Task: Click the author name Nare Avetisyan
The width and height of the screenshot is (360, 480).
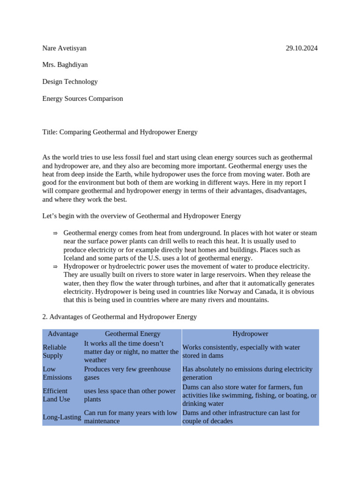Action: coord(64,48)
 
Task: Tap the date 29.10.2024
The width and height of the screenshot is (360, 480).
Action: coord(301,48)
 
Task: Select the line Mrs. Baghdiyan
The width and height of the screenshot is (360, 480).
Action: coord(65,65)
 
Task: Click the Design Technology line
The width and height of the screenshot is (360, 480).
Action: coord(70,82)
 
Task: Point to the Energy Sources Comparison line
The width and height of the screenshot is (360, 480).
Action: coord(82,98)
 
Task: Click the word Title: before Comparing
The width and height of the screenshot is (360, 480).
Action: coord(50,132)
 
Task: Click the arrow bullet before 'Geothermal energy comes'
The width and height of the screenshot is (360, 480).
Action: coord(55,233)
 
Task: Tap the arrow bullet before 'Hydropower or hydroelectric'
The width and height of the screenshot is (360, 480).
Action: coord(55,267)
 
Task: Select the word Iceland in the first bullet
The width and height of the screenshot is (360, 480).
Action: coord(75,258)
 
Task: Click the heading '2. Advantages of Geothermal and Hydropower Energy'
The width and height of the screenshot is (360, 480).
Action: coord(120,317)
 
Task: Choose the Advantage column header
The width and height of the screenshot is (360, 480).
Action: coord(63,334)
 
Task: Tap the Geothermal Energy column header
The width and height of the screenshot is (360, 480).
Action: coord(133,334)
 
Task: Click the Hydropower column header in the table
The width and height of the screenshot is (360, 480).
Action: coord(250,334)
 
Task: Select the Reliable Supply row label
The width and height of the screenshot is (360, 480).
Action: coord(54,352)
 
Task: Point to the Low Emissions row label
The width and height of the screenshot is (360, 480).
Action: coord(57,373)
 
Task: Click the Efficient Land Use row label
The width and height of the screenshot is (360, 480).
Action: coord(56,395)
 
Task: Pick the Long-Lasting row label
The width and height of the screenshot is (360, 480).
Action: coord(62,417)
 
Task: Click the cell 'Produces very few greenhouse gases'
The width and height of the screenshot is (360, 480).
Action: coord(127,373)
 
